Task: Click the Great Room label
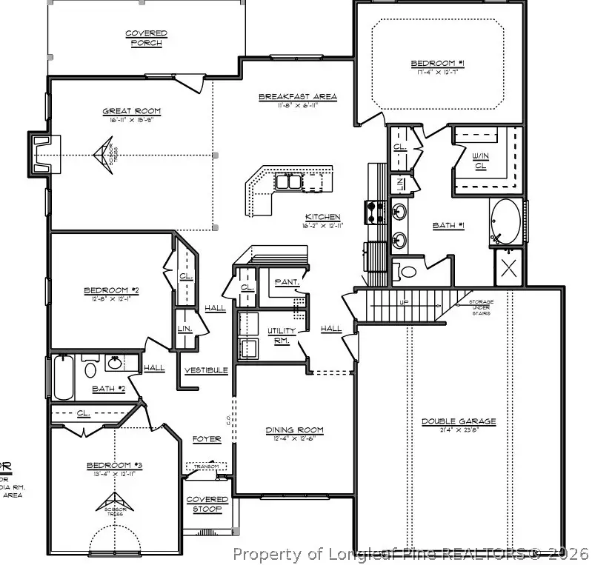click(x=131, y=111)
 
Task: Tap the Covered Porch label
click(x=146, y=38)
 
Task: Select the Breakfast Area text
click(x=298, y=96)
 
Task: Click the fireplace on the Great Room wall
click(x=41, y=154)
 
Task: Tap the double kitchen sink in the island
click(x=288, y=181)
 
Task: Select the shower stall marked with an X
click(x=510, y=267)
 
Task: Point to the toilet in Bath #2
click(x=90, y=368)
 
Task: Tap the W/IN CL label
click(x=479, y=160)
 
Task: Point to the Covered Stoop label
click(x=207, y=504)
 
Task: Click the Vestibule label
click(x=206, y=370)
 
